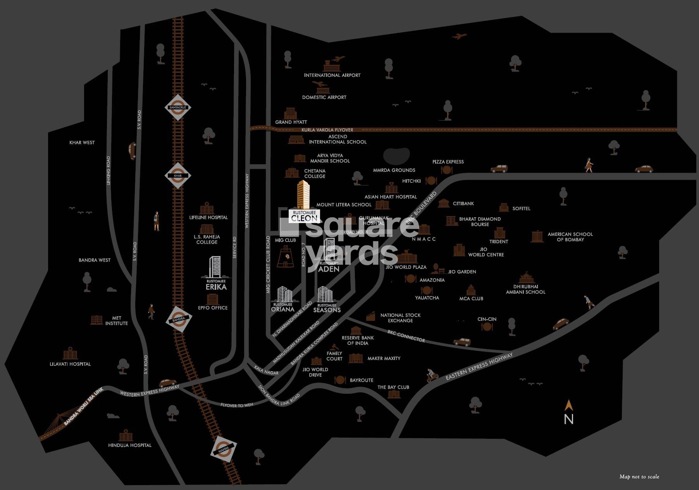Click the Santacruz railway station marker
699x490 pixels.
click(177, 107)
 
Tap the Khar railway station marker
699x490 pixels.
click(177, 176)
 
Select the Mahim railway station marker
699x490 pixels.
click(224, 449)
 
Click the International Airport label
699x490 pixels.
click(332, 75)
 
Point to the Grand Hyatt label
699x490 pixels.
click(291, 122)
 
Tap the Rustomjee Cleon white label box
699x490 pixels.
click(305, 216)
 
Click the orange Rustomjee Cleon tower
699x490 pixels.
click(303, 194)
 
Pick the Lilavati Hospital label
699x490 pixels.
click(70, 364)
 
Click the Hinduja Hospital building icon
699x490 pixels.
click(126, 436)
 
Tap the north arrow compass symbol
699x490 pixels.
click(568, 412)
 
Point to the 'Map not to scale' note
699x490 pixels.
click(639, 477)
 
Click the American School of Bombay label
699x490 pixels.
click(570, 237)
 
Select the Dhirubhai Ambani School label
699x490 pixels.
click(525, 289)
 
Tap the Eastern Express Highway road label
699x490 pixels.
click(479, 367)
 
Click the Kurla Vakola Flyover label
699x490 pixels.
click(327, 130)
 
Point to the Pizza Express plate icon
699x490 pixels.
click(447, 170)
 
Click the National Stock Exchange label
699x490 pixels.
click(400, 318)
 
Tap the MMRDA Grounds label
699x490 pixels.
click(394, 170)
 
